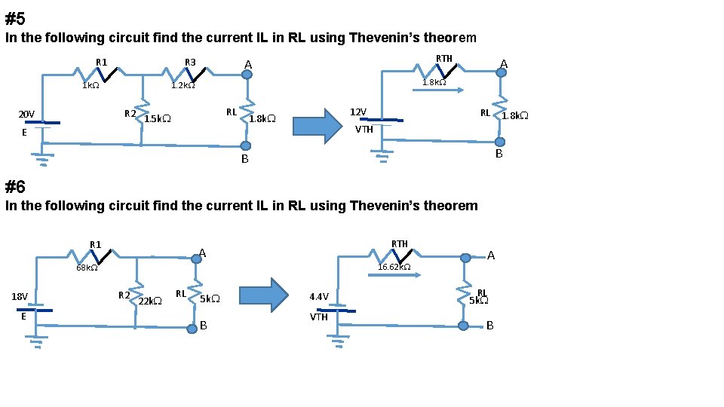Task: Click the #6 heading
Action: (15, 187)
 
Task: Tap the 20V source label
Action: (26, 114)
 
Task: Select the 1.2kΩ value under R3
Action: (183, 86)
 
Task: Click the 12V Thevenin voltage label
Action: (358, 112)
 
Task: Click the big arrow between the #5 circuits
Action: (317, 125)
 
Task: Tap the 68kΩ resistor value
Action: (87, 268)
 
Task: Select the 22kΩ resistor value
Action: (150, 301)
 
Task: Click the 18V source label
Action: (20, 296)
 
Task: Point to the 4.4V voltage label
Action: (319, 296)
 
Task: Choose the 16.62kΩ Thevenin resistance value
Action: (394, 267)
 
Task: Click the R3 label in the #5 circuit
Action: (190, 62)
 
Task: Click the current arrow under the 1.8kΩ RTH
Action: (437, 90)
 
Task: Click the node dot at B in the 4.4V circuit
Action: (465, 326)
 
